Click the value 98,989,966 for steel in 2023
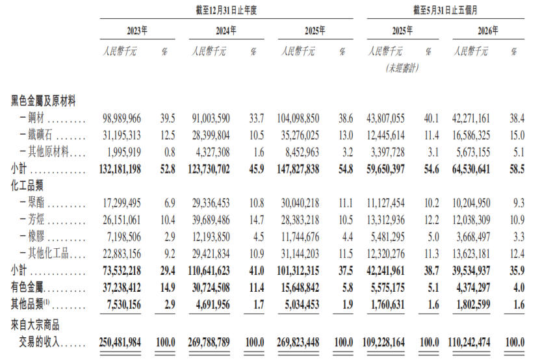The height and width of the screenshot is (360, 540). (x=122, y=118)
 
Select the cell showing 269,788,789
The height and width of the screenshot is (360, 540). (x=209, y=342)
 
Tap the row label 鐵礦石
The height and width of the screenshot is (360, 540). (x=40, y=135)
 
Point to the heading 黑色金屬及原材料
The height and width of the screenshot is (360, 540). (x=44, y=101)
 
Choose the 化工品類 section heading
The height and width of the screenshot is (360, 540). (x=27, y=186)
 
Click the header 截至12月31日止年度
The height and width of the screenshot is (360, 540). (x=226, y=10)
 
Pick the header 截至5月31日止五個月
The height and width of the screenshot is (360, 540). (x=445, y=10)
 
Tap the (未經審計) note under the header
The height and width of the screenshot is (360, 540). (x=402, y=68)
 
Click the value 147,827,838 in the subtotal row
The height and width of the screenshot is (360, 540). (x=298, y=169)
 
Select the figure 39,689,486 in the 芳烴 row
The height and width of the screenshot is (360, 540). (x=211, y=220)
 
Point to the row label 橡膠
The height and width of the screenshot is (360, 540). (x=36, y=237)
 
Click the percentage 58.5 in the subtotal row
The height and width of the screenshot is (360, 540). (x=517, y=169)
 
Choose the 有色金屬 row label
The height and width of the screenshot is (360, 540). (x=27, y=288)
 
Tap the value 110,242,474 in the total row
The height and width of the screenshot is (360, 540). (x=469, y=342)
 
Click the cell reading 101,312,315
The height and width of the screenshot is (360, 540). (x=298, y=271)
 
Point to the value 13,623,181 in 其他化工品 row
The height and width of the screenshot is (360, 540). (x=471, y=254)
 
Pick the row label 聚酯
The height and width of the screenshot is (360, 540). (x=36, y=203)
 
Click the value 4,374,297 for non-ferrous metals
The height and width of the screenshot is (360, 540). (x=473, y=288)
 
